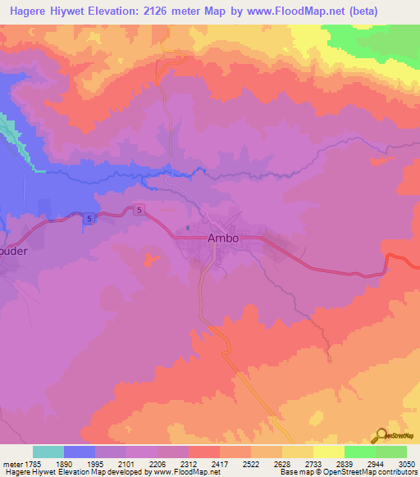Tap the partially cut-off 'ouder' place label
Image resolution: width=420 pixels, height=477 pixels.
pos(20,252)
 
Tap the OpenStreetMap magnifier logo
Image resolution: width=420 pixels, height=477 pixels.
pos(381,435)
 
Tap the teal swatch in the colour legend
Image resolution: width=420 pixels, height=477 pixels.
pos(48,452)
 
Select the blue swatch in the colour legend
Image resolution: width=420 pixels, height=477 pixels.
pos(80,452)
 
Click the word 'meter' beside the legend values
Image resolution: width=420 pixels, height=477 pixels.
pos(12,465)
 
